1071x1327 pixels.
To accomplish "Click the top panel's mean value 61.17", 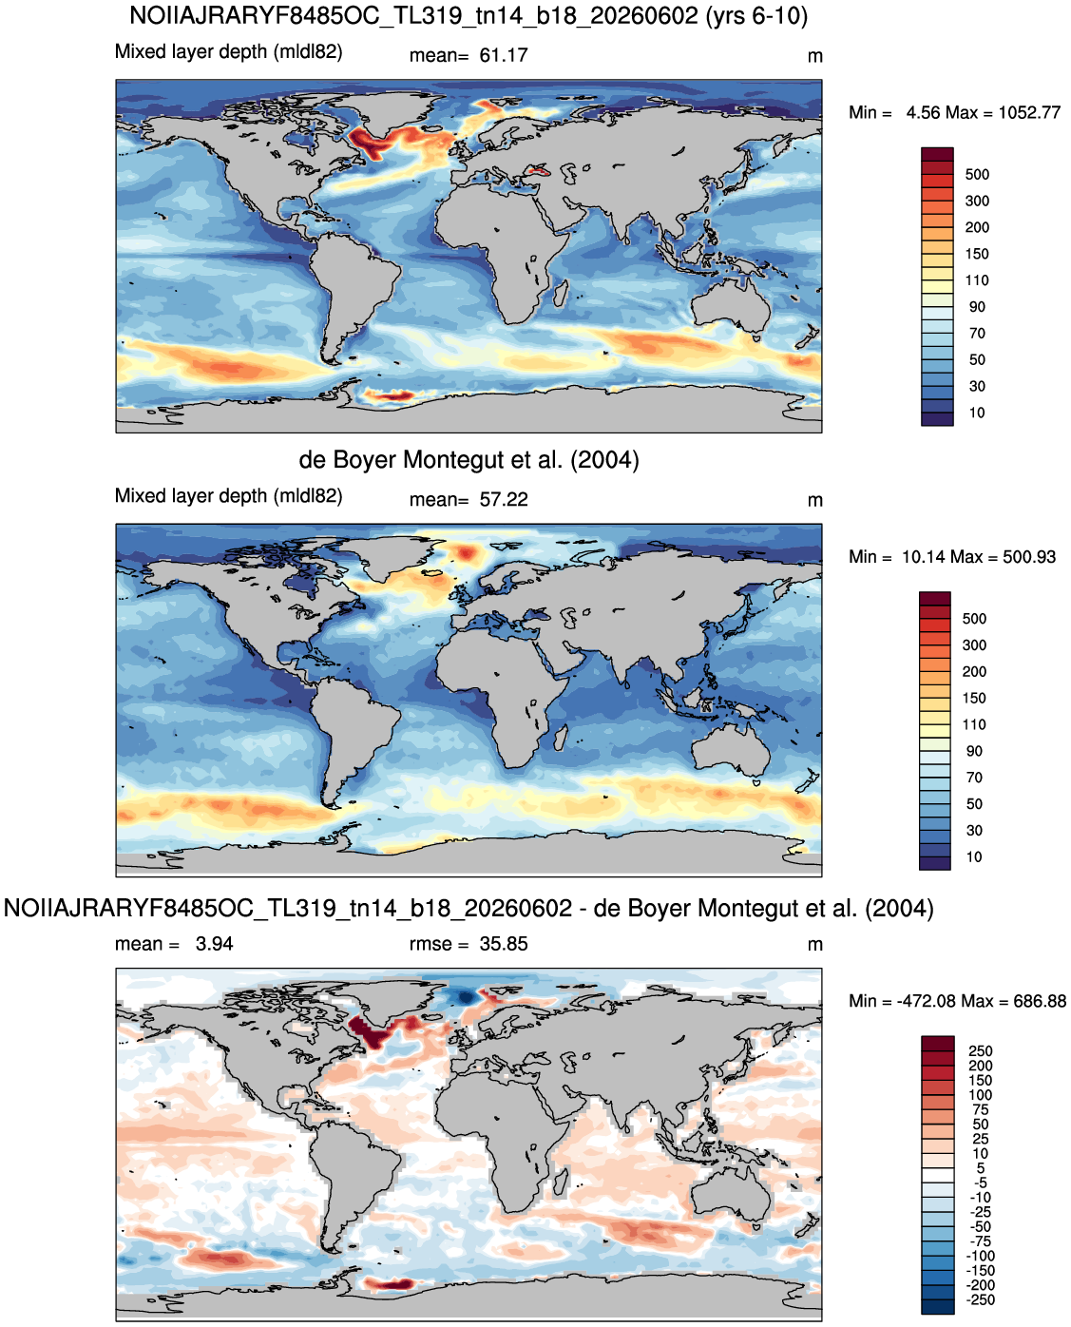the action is tap(503, 55).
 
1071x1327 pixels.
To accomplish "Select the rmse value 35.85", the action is tap(503, 944).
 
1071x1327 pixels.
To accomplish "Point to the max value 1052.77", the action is tap(1028, 113).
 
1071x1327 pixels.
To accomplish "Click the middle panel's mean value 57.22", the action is tap(503, 500).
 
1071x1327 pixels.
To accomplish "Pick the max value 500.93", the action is tap(1028, 557).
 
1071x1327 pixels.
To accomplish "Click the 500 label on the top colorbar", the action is tap(977, 175).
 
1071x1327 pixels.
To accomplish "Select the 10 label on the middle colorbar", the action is tap(974, 856).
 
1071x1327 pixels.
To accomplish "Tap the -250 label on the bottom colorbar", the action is tap(982, 1299).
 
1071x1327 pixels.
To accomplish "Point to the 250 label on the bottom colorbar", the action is tap(980, 1051).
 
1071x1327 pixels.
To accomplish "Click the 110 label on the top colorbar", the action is tap(977, 280).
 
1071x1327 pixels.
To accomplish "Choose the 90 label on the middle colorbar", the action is tap(974, 751).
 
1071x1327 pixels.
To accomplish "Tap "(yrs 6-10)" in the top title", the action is tap(756, 15).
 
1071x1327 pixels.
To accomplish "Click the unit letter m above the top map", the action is tap(814, 57).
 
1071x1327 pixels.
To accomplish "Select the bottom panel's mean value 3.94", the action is tap(214, 944).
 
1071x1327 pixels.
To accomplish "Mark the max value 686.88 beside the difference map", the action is tap(1040, 1001).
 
